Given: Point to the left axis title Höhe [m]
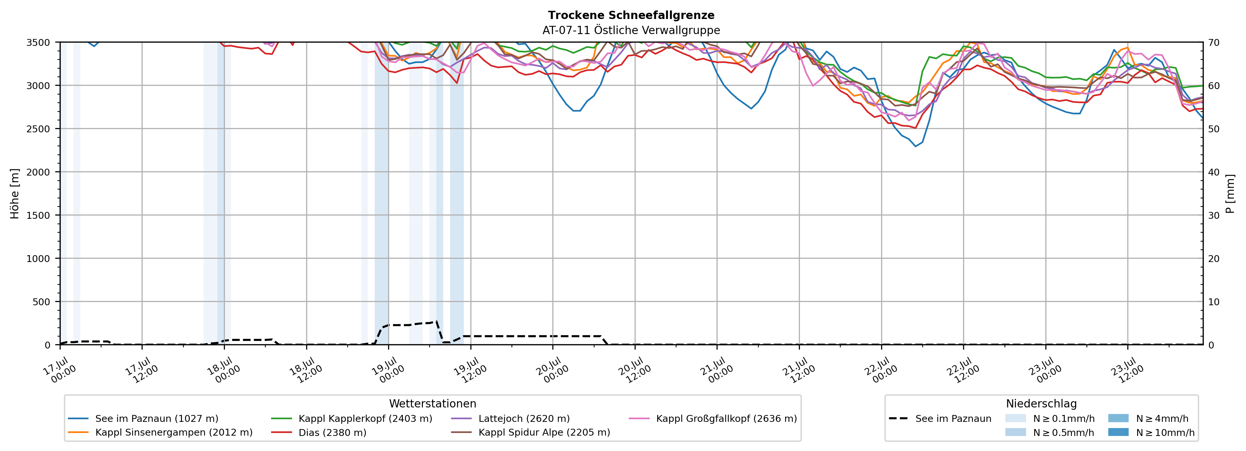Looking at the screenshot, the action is point(15,193).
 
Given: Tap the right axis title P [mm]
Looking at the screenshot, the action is point(1230,193).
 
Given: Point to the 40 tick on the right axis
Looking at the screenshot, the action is point(1214,172).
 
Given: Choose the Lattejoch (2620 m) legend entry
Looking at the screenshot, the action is point(510,419).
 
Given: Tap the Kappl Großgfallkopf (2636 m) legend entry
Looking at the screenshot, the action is point(713,419).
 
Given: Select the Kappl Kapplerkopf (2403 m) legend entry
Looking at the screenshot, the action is point(352,419).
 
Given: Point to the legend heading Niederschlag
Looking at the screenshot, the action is point(1041,404).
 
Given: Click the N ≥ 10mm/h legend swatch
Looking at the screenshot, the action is point(1118,432).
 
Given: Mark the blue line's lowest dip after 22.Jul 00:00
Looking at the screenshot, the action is point(915,146).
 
